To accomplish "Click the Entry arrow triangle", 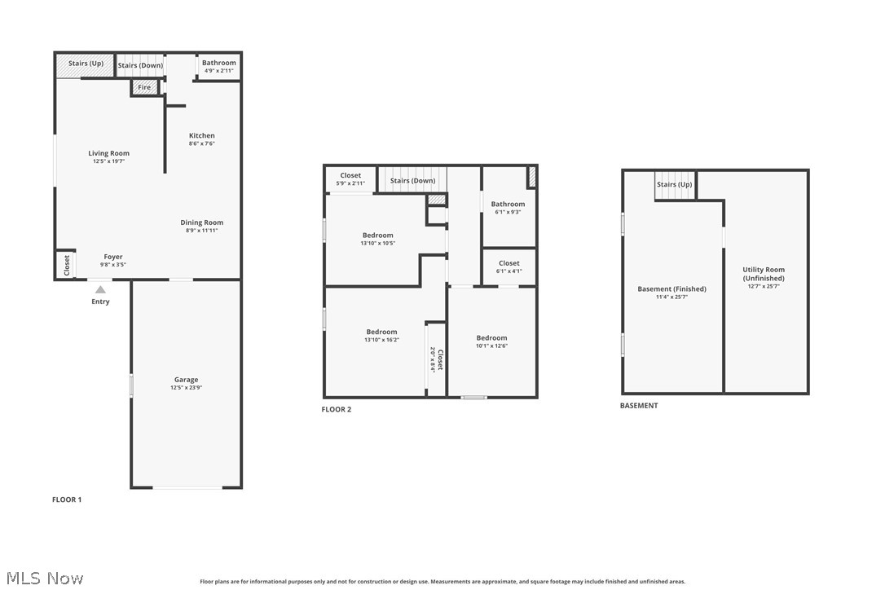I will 100,288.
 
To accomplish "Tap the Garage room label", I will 186,380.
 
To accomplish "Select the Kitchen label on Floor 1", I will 202,136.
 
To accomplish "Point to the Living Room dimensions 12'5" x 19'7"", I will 108,161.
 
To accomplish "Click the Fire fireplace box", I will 144,87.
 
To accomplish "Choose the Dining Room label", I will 202,222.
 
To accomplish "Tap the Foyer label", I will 112,257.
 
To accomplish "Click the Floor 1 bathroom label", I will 218,63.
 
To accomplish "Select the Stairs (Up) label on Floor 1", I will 86,63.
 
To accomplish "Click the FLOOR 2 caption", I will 337,409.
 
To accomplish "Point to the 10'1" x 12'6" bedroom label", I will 491,346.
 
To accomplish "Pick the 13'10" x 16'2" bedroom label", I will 381,340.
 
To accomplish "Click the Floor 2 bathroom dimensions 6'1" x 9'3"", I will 508,212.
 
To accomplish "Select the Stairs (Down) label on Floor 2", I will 412,181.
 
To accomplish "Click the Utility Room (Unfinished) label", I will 764,274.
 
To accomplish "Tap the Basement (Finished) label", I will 671,289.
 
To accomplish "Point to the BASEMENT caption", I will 639,405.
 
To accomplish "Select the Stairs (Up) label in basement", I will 674,184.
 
